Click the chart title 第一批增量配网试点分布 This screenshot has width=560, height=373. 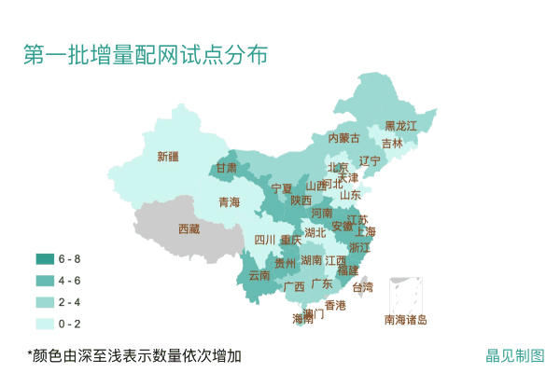point(146,55)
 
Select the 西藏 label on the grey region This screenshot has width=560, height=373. point(189,228)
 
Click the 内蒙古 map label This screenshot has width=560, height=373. point(343,138)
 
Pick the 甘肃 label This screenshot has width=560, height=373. point(227,169)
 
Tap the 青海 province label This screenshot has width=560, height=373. point(229,202)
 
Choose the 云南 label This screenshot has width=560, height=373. point(259,276)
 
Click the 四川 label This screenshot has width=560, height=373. point(265,240)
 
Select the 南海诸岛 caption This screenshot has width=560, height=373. point(405,321)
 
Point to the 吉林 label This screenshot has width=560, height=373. point(392,144)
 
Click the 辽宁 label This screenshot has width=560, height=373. point(370,160)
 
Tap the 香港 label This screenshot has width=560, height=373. point(335,305)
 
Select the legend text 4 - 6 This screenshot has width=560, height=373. point(70,281)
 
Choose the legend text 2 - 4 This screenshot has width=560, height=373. point(70,302)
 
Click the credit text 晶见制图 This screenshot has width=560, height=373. point(515,355)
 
